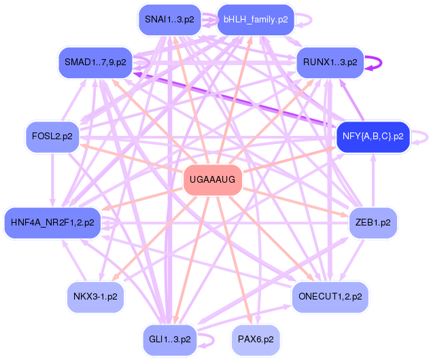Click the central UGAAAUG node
(213, 180)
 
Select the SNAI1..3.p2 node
(169, 20)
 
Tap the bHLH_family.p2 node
(256, 20)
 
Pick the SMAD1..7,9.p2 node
(95, 62)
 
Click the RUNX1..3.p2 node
(330, 62)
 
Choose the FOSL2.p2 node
(52, 137)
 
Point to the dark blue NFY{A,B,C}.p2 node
(373, 137)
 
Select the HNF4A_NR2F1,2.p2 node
(52, 223)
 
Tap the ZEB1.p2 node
(373, 223)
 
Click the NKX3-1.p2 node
(95, 297)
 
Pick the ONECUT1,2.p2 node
(330, 297)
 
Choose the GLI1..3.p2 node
(169, 340)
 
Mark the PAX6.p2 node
(256, 340)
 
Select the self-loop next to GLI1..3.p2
(213, 340)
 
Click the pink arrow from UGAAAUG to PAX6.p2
(235, 260)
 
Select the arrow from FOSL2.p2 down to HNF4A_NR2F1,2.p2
(52, 180)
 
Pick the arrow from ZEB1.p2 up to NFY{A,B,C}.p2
(373, 180)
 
